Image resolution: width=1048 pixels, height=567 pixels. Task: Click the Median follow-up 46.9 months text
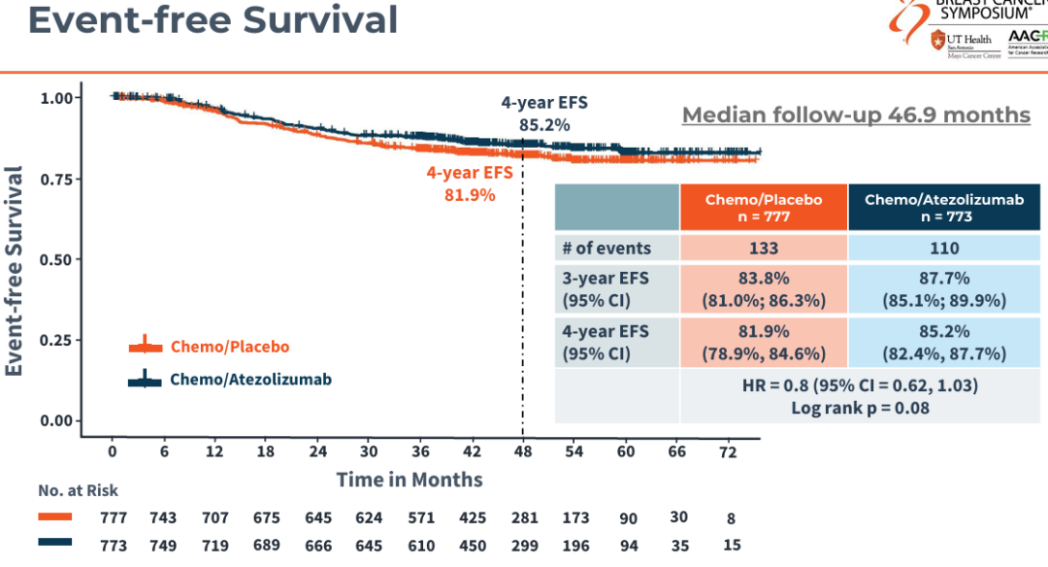point(856,115)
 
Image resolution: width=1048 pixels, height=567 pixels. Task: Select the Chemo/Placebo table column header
point(764,207)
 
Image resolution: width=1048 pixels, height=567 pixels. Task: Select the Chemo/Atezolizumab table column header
point(944,207)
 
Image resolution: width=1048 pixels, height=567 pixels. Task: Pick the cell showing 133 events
point(764,248)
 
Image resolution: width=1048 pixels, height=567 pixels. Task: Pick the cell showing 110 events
point(944,248)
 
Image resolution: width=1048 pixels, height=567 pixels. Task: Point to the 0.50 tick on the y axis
point(57,259)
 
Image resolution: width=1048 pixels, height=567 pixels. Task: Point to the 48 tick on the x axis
point(522,451)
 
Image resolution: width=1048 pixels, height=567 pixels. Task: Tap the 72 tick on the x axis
point(728,451)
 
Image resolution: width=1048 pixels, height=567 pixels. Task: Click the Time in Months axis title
point(409,479)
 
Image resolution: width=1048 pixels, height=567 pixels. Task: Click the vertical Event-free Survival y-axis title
point(15,270)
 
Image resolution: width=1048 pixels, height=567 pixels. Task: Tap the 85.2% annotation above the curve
point(543,124)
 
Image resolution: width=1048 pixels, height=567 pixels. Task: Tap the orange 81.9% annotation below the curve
point(469,195)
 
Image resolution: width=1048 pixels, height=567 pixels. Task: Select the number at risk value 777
point(114,517)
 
